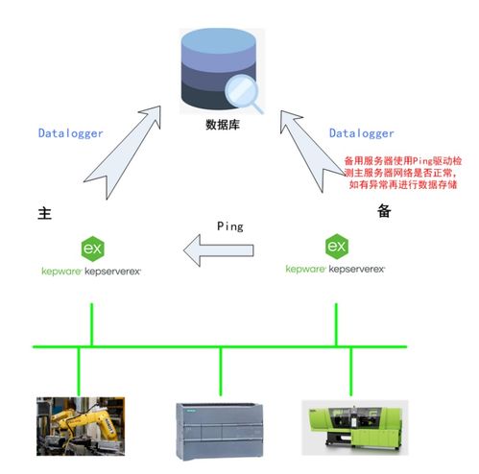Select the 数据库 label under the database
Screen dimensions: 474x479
click(222, 125)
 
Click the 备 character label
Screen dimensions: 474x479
click(384, 212)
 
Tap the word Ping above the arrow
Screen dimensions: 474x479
click(229, 226)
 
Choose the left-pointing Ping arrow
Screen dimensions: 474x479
click(220, 251)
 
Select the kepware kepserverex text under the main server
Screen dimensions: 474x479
click(91, 272)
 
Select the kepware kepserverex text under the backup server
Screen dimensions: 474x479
click(335, 270)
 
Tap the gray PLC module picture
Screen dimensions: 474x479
click(220, 427)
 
